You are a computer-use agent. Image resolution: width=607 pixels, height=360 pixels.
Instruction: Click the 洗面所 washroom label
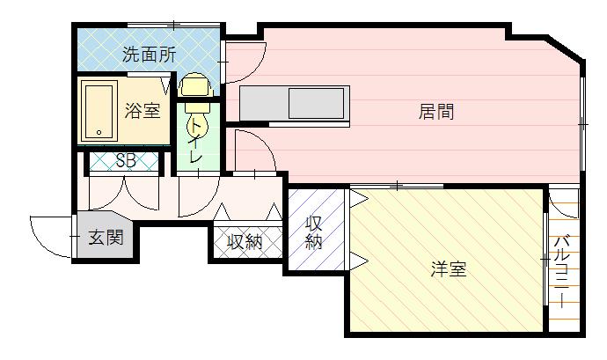pos(150,55)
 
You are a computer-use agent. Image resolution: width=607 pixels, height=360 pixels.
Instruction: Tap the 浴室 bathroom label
pos(143,111)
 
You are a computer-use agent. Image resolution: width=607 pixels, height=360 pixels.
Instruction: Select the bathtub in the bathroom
pos(99,111)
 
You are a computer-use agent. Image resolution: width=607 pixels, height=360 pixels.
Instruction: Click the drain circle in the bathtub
pos(99,133)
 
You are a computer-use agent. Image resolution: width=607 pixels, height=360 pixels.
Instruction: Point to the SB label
pos(126,160)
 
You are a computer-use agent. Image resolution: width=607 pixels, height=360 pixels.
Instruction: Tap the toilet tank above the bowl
pos(196,85)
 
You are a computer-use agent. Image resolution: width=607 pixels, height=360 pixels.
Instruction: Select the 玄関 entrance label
pos(106,237)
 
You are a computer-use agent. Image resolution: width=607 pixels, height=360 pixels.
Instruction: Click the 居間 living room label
pos(436,112)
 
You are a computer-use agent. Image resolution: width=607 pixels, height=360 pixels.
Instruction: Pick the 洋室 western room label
pos(449,269)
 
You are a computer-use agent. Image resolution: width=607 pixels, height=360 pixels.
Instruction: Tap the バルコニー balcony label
pos(562,272)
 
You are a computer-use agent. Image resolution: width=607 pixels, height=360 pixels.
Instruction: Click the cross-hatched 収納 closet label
pos(245,242)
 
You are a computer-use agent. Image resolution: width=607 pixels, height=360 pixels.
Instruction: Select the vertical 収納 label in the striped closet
pos(314,232)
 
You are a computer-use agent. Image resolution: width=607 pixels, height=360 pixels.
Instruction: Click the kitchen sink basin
pos(317,103)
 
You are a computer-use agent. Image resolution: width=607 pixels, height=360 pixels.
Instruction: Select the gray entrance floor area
pos(105,234)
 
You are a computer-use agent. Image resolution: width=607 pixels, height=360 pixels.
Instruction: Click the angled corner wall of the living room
pos(566,48)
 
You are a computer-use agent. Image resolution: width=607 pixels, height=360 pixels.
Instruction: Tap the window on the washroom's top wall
pos(174,25)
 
